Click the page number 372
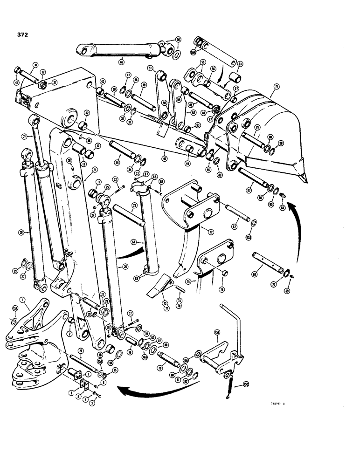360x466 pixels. click(x=21, y=34)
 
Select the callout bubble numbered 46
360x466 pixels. click(x=121, y=62)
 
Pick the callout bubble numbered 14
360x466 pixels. click(x=81, y=351)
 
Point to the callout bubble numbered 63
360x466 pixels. click(x=240, y=63)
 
